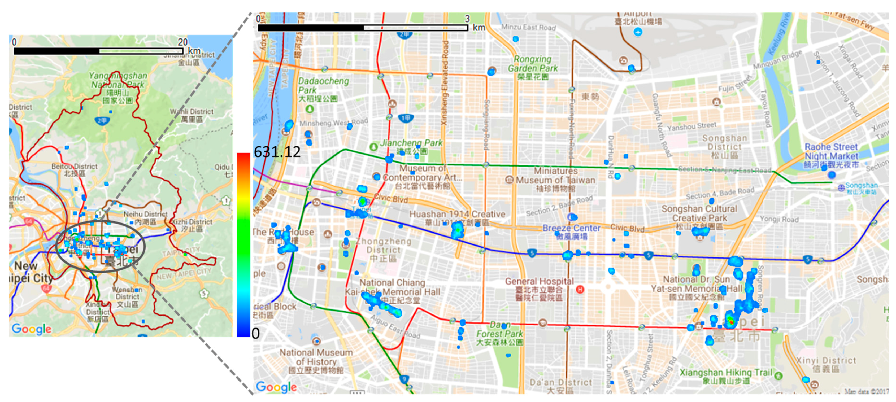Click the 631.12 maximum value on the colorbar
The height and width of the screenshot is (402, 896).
point(277,152)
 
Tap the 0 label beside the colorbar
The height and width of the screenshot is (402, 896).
point(256,333)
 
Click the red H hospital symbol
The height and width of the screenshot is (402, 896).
point(580,289)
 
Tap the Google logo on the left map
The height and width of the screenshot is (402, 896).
point(31,328)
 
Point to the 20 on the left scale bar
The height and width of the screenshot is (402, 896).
point(182,42)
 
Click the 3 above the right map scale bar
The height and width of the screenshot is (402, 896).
point(467,19)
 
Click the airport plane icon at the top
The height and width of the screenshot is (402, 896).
point(638,32)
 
